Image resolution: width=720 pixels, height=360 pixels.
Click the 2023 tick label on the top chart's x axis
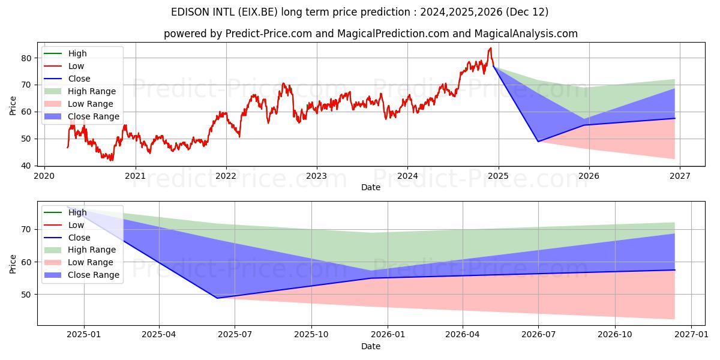pyautogui.click(x=316, y=176)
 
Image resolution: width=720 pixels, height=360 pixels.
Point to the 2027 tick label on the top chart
pyautogui.click(x=679, y=176)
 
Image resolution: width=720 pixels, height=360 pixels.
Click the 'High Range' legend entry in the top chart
pyautogui.click(x=92, y=91)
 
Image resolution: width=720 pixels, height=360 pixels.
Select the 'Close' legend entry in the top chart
pyautogui.click(x=79, y=79)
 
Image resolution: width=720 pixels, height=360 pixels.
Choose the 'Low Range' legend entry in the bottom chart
pyautogui.click(x=91, y=262)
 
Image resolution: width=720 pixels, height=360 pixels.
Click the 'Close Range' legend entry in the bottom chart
pyautogui.click(x=94, y=275)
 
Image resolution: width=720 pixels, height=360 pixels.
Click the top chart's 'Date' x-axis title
pyautogui.click(x=371, y=187)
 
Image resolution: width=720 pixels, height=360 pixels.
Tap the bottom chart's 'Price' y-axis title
pyautogui.click(x=13, y=263)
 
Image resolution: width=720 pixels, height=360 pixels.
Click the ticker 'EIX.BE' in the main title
pyautogui.click(x=257, y=12)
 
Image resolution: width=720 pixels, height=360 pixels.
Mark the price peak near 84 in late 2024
pyautogui.click(x=490, y=48)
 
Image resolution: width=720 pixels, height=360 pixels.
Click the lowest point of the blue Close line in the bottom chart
pyautogui.click(x=217, y=298)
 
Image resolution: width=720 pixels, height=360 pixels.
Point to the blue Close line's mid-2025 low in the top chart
pyautogui.click(x=538, y=142)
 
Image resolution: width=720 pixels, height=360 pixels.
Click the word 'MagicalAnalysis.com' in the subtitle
pyautogui.click(x=526, y=34)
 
